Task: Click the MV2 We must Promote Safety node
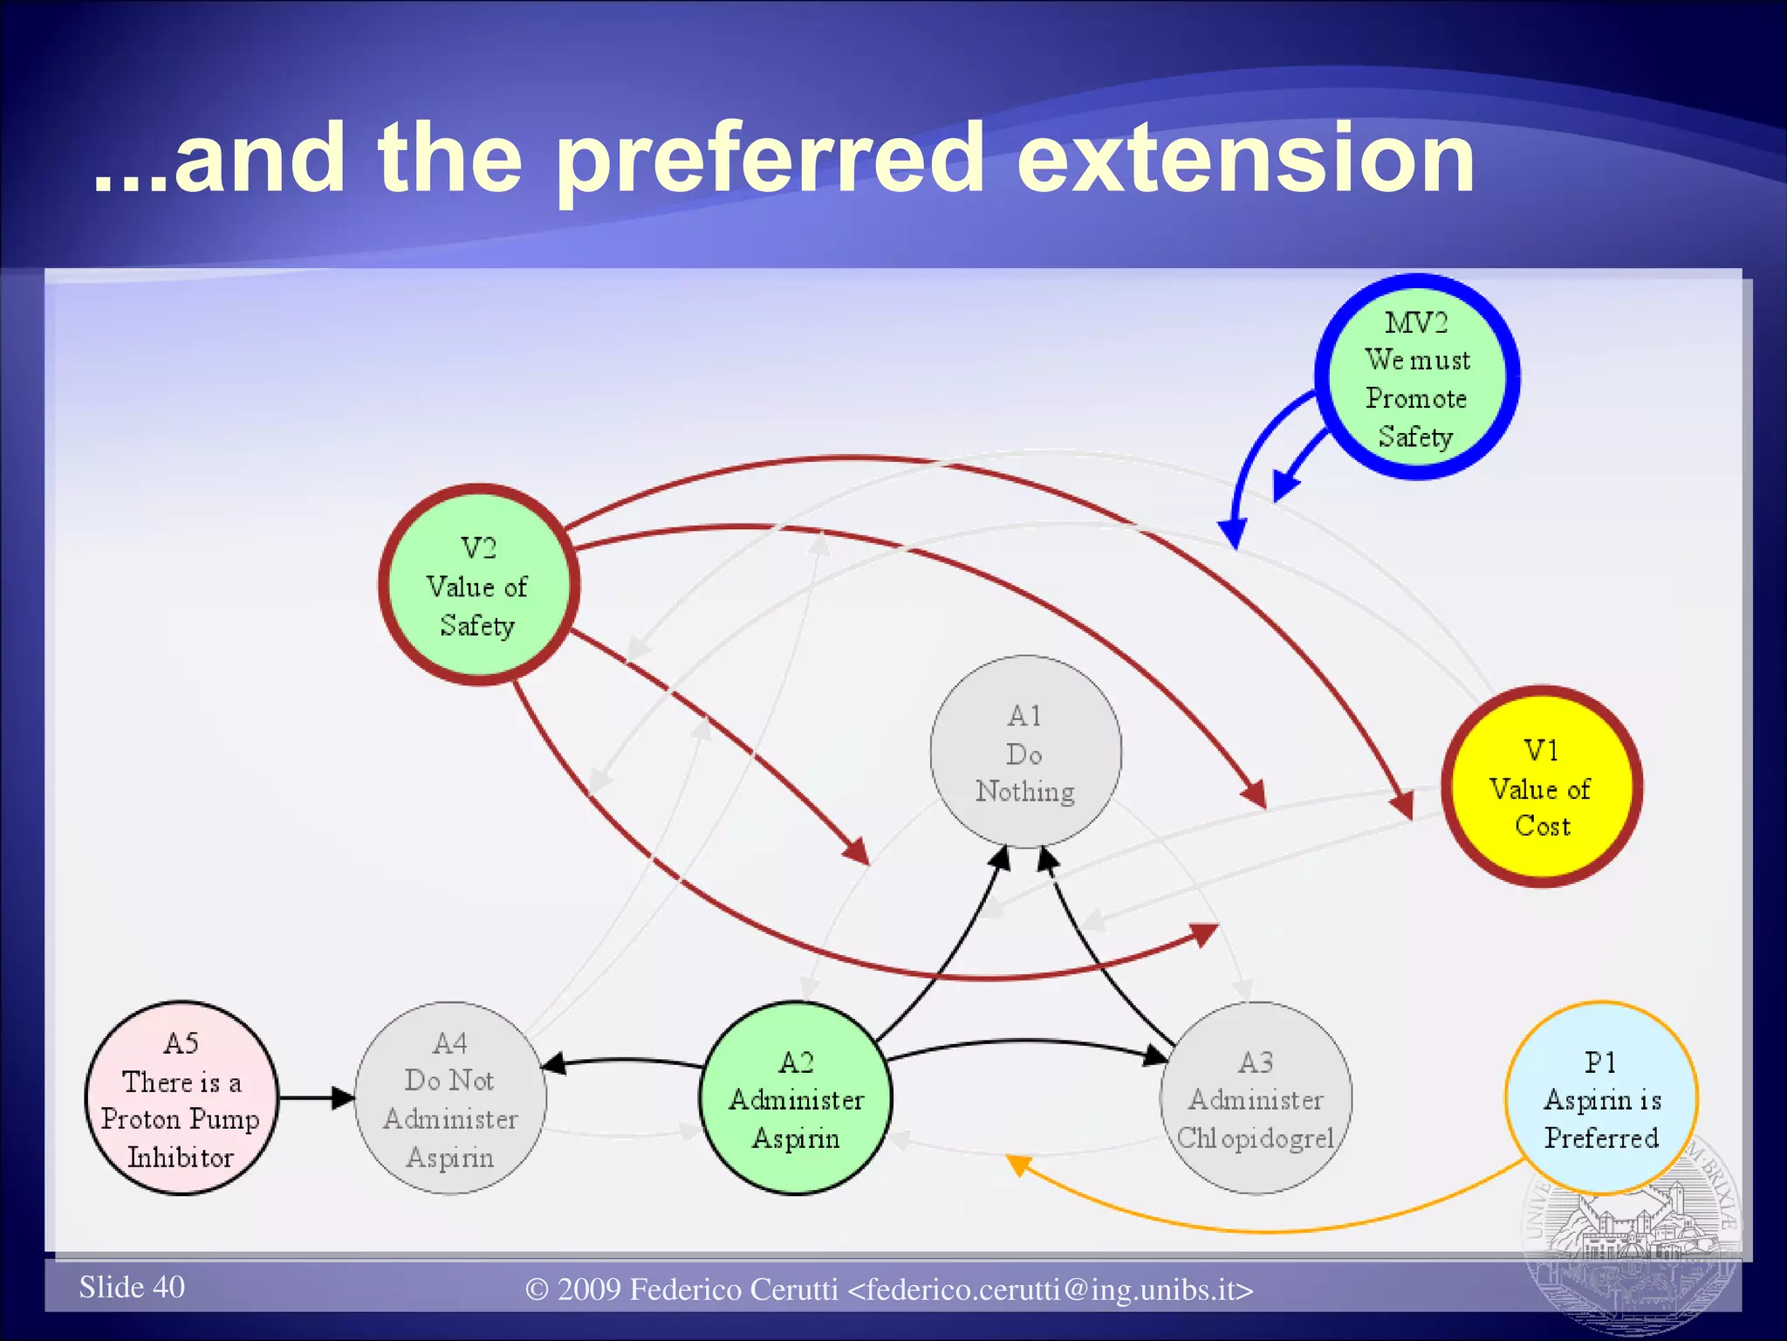(1417, 377)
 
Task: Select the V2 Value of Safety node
(478, 585)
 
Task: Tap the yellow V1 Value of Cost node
(1542, 787)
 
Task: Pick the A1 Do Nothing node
(1025, 752)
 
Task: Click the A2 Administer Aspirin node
(796, 1098)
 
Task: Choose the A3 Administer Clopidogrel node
(1256, 1098)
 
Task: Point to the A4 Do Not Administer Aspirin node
(450, 1098)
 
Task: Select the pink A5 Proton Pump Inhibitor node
(181, 1098)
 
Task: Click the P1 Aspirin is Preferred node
(1601, 1098)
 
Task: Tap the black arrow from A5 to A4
(314, 1097)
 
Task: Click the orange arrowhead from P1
(1017, 1164)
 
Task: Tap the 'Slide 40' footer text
(132, 1287)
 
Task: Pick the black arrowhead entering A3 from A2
(1155, 1056)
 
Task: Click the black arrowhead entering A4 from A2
(554, 1063)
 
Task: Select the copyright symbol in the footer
(537, 1290)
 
